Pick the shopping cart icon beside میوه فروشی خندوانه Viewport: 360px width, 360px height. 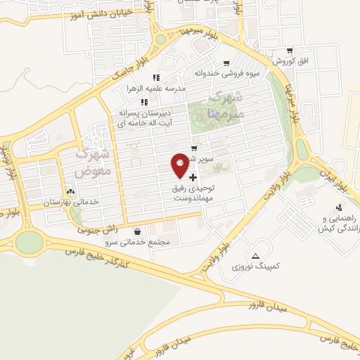pyautogui.click(x=226, y=63)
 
